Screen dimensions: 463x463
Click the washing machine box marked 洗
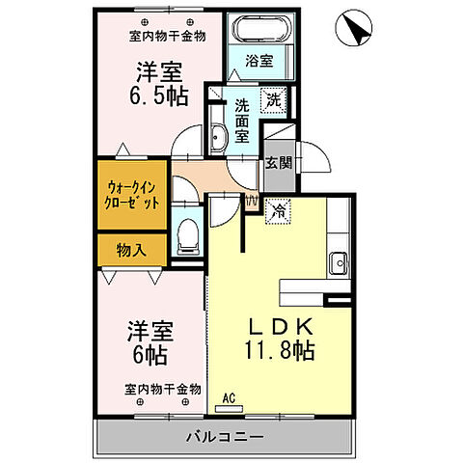(x=274, y=98)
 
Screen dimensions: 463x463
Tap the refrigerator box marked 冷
(x=277, y=207)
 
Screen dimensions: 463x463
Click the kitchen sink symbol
(x=338, y=262)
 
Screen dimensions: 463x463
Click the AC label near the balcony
(x=231, y=396)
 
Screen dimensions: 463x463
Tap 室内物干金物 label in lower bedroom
(x=162, y=390)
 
